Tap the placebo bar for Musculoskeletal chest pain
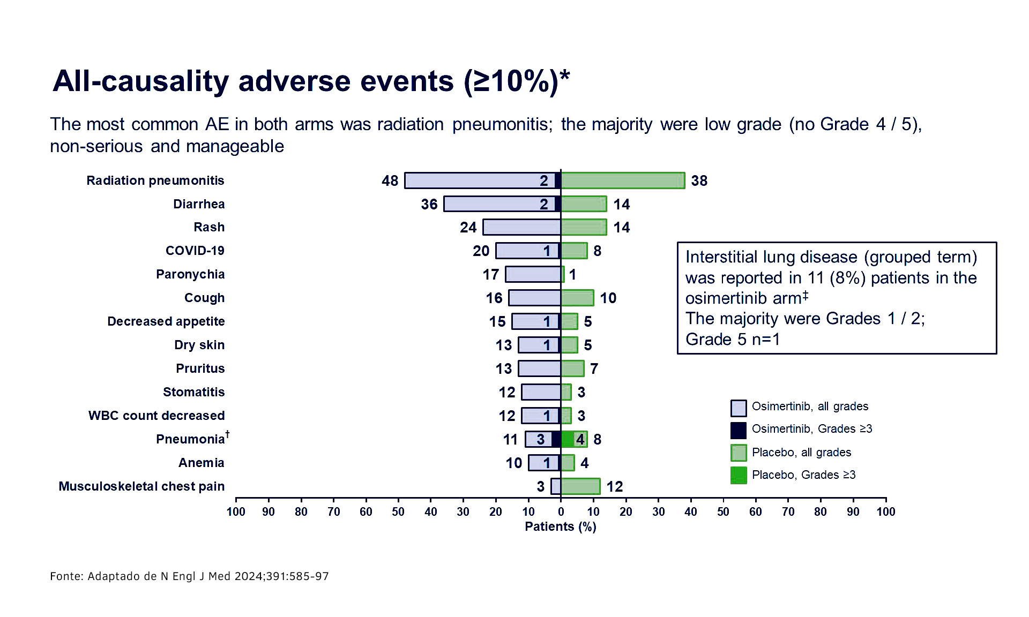click(580, 486)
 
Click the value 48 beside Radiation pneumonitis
click(390, 181)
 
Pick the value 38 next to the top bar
click(699, 181)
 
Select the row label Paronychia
click(190, 274)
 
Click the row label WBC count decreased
click(156, 416)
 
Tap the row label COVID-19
click(195, 251)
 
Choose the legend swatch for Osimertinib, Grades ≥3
click(738, 430)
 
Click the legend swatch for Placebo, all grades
click(738, 453)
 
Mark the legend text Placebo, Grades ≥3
click(803, 475)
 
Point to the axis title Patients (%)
click(560, 526)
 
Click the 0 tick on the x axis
click(561, 511)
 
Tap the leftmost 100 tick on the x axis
click(236, 511)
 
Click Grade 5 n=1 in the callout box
click(733, 340)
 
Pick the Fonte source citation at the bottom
click(189, 576)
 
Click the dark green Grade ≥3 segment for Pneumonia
click(568, 439)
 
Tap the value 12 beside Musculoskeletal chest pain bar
click(614, 486)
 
